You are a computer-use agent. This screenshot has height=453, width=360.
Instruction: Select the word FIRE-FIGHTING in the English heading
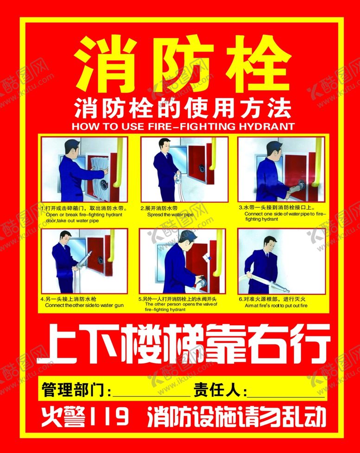[x=188, y=126]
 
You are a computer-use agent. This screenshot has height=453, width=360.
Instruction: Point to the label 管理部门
[x=74, y=390]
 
